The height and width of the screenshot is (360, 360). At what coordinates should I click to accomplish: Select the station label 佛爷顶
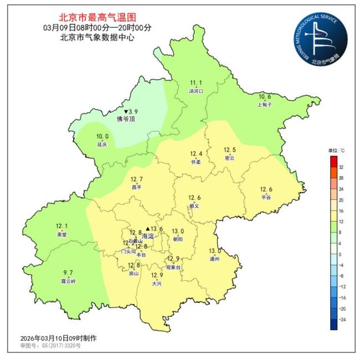[126, 119]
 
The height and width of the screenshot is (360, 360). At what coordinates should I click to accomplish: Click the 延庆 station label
[102, 144]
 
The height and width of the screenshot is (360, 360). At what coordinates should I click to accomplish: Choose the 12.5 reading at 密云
[229, 150]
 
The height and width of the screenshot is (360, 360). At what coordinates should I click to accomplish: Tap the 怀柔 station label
[196, 162]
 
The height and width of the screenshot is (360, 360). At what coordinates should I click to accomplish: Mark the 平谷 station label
[266, 197]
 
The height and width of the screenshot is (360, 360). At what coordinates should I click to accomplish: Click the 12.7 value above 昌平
[136, 179]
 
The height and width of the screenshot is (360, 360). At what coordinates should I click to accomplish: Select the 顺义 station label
[194, 205]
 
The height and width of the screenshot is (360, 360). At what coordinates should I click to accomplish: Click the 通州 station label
[215, 258]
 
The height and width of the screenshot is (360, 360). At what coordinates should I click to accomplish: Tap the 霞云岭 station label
[68, 281]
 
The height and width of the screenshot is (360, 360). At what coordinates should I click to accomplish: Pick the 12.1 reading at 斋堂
[61, 226]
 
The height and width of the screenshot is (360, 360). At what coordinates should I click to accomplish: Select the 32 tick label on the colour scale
[341, 167]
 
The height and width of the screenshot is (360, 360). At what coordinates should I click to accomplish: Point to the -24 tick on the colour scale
[342, 320]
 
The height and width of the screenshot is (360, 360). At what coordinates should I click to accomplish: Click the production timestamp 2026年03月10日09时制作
[59, 338]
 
